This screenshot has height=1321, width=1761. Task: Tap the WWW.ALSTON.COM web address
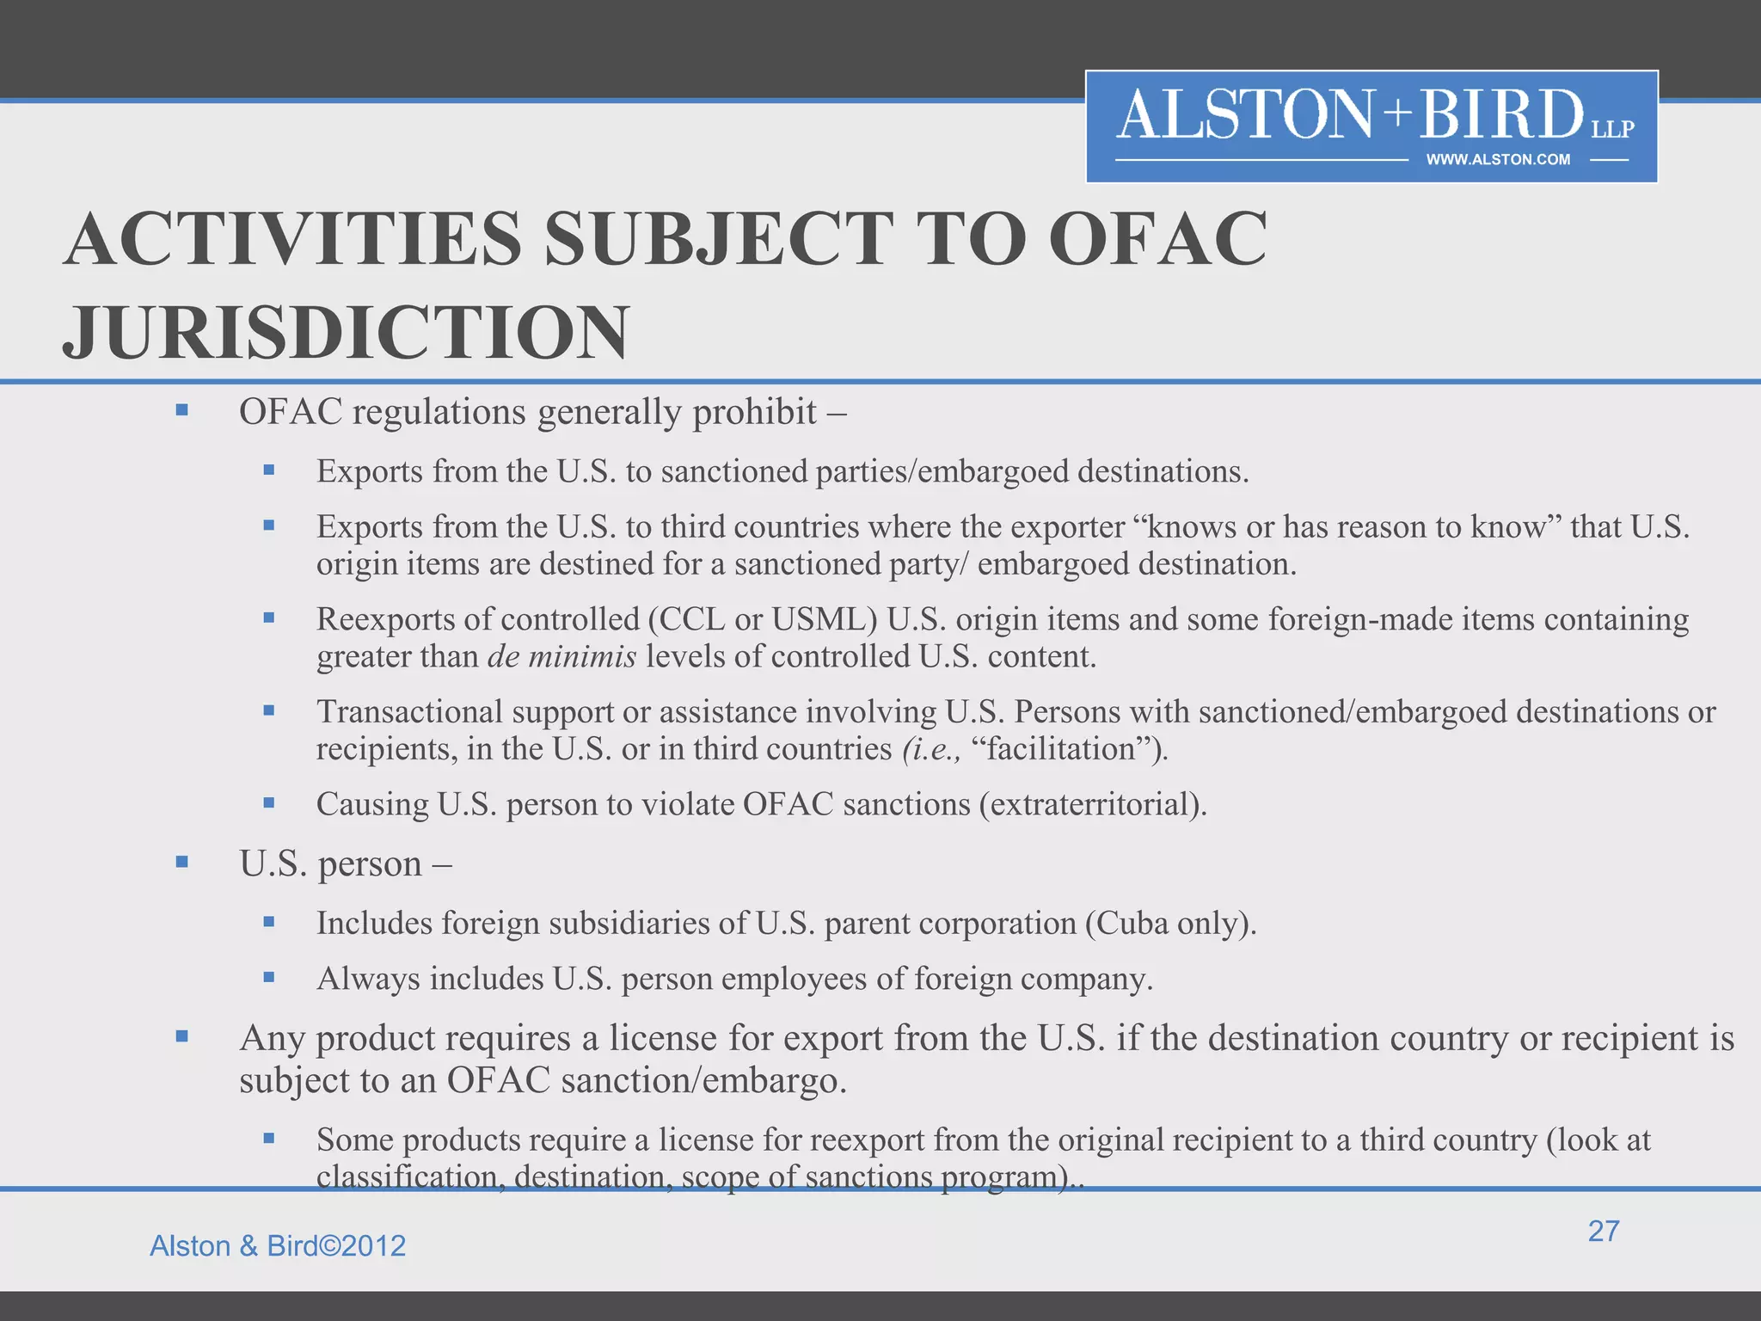(1498, 160)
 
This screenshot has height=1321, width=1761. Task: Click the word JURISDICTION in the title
(347, 333)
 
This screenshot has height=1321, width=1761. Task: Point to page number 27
(1604, 1231)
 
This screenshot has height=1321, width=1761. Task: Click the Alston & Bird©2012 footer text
(278, 1246)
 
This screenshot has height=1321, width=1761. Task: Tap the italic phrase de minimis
(561, 657)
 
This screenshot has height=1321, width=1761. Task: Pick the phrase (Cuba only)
(1170, 924)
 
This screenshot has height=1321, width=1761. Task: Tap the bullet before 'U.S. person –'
(181, 862)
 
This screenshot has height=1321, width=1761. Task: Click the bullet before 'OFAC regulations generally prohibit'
(181, 410)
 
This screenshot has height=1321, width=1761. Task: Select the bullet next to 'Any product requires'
(181, 1036)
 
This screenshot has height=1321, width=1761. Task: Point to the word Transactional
(409, 712)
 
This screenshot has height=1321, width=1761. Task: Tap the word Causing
(371, 805)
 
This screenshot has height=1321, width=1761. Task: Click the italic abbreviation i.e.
(932, 749)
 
